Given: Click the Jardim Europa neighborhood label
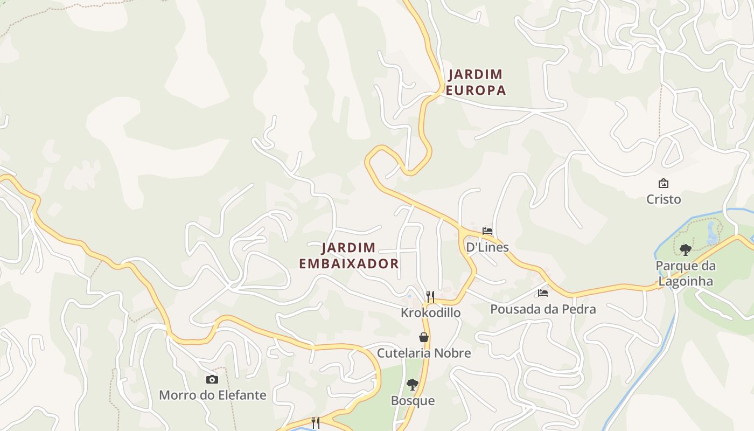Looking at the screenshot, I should pyautogui.click(x=476, y=82).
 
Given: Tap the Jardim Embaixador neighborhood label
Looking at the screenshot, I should pyautogui.click(x=349, y=256).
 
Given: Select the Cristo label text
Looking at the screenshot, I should pyautogui.click(x=664, y=199).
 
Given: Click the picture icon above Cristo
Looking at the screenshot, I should pyautogui.click(x=664, y=183).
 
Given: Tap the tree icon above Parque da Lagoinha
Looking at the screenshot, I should pyautogui.click(x=685, y=249).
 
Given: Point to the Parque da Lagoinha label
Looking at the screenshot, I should pyautogui.click(x=686, y=273).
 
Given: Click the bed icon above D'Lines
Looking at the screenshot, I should pyautogui.click(x=487, y=231).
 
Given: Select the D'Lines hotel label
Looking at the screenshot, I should pyautogui.click(x=487, y=247).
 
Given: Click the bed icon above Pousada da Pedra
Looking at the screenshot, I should pyautogui.click(x=543, y=293).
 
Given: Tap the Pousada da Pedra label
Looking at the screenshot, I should pyautogui.click(x=543, y=309).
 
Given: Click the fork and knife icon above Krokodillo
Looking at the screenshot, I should pyautogui.click(x=430, y=297).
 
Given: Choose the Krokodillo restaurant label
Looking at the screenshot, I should pyautogui.click(x=430, y=312).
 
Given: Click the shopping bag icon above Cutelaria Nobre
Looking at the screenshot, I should pyautogui.click(x=424, y=337).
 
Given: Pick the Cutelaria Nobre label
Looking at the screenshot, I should pyautogui.click(x=424, y=353).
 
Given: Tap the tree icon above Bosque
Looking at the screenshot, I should pyautogui.click(x=413, y=385).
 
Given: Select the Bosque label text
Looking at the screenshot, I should pyautogui.click(x=413, y=401).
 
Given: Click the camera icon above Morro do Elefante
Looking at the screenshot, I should pyautogui.click(x=212, y=379).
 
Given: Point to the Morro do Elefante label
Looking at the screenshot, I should pyautogui.click(x=212, y=395).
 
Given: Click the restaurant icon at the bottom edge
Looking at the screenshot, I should pyautogui.click(x=316, y=423).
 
